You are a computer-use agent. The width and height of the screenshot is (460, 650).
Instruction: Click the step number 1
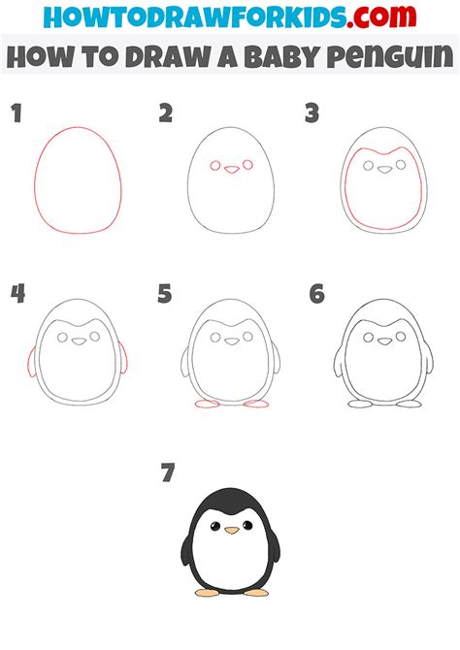16,114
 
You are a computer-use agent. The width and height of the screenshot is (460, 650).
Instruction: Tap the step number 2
166,114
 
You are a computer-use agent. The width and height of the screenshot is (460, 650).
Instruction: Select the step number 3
312,114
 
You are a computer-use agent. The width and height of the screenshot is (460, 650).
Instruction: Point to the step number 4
16,292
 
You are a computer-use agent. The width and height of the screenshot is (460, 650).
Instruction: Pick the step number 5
166,292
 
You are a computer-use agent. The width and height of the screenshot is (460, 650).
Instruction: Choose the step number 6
316,292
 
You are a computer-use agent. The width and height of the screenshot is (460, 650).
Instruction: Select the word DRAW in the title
164,57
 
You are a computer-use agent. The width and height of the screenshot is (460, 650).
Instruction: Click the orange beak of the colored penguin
230,531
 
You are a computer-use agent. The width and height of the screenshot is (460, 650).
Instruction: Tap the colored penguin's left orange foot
206,591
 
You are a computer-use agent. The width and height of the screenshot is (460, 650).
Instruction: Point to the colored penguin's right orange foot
256,591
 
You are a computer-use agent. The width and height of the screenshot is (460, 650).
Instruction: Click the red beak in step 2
230,169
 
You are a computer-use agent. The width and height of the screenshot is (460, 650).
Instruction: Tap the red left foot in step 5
206,402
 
